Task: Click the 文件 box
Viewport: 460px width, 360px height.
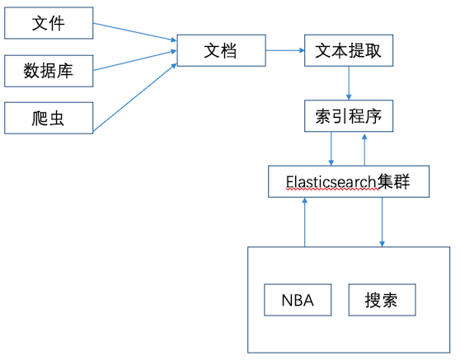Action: (x=49, y=23)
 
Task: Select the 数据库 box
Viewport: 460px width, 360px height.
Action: (x=49, y=71)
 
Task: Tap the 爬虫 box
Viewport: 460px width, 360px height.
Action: (x=49, y=118)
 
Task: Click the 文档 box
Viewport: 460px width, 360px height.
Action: (x=222, y=50)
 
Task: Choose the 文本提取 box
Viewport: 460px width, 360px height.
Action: (x=349, y=50)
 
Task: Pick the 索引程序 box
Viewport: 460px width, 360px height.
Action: (x=349, y=116)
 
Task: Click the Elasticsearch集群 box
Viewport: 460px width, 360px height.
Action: (x=349, y=181)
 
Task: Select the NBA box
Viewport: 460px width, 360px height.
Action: (x=298, y=300)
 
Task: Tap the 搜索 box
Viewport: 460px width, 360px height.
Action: (x=383, y=300)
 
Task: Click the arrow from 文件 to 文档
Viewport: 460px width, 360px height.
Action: (x=134, y=32)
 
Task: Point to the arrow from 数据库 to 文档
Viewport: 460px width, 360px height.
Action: (x=134, y=61)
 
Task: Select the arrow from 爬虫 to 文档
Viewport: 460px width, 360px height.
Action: (x=134, y=98)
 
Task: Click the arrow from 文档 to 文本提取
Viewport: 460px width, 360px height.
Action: (x=285, y=50)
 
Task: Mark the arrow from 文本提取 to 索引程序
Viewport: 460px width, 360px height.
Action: (x=349, y=83)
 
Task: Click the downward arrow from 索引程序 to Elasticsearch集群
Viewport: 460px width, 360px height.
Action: (x=331, y=148)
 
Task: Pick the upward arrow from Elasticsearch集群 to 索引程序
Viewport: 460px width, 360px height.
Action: (x=364, y=150)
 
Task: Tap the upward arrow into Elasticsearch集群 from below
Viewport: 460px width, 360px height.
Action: (x=305, y=222)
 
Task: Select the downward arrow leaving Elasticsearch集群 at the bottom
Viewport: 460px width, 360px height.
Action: (x=382, y=222)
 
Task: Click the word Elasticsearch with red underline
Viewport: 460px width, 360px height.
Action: (x=331, y=182)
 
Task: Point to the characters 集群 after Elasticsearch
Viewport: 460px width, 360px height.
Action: (x=393, y=182)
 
